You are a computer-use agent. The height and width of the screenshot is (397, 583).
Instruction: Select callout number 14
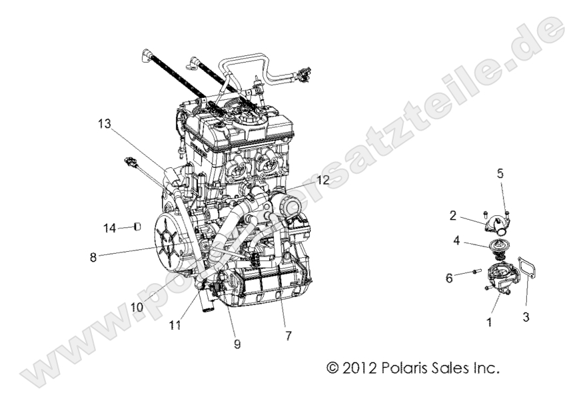pos(110,227)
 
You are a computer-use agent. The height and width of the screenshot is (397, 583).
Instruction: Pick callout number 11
pos(175,325)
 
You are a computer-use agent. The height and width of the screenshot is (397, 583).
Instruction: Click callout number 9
pos(237,344)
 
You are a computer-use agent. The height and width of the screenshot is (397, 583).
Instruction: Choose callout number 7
pos(288,336)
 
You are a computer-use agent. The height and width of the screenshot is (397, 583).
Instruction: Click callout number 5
pos(500,174)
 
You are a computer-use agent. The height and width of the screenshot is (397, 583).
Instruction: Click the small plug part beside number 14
pos(137,227)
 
